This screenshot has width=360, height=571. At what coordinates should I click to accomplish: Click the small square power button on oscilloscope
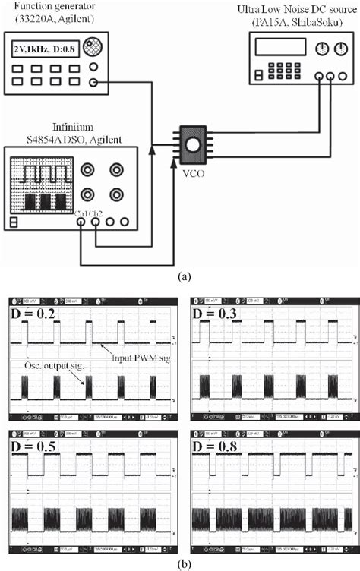click(14, 222)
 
